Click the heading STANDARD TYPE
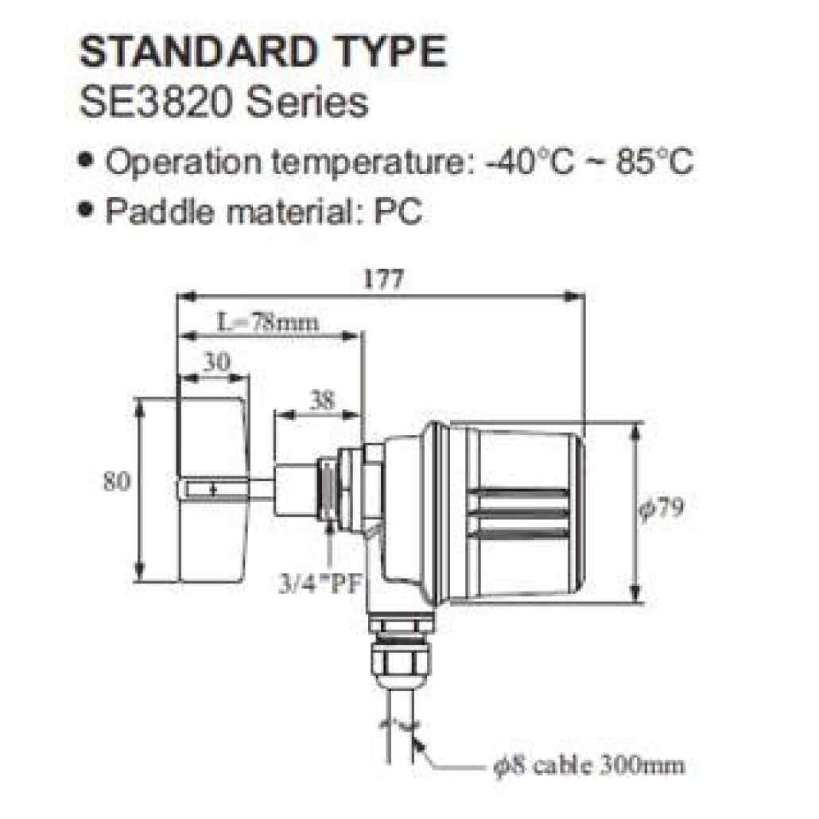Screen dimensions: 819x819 pyautogui.click(x=263, y=52)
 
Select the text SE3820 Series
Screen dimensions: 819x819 pyautogui.click(x=225, y=103)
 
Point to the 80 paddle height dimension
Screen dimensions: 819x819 pyautogui.click(x=117, y=482)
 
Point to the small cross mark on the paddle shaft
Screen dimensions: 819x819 pyautogui.click(x=212, y=491)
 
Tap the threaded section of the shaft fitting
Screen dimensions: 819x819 pyautogui.click(x=327, y=489)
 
